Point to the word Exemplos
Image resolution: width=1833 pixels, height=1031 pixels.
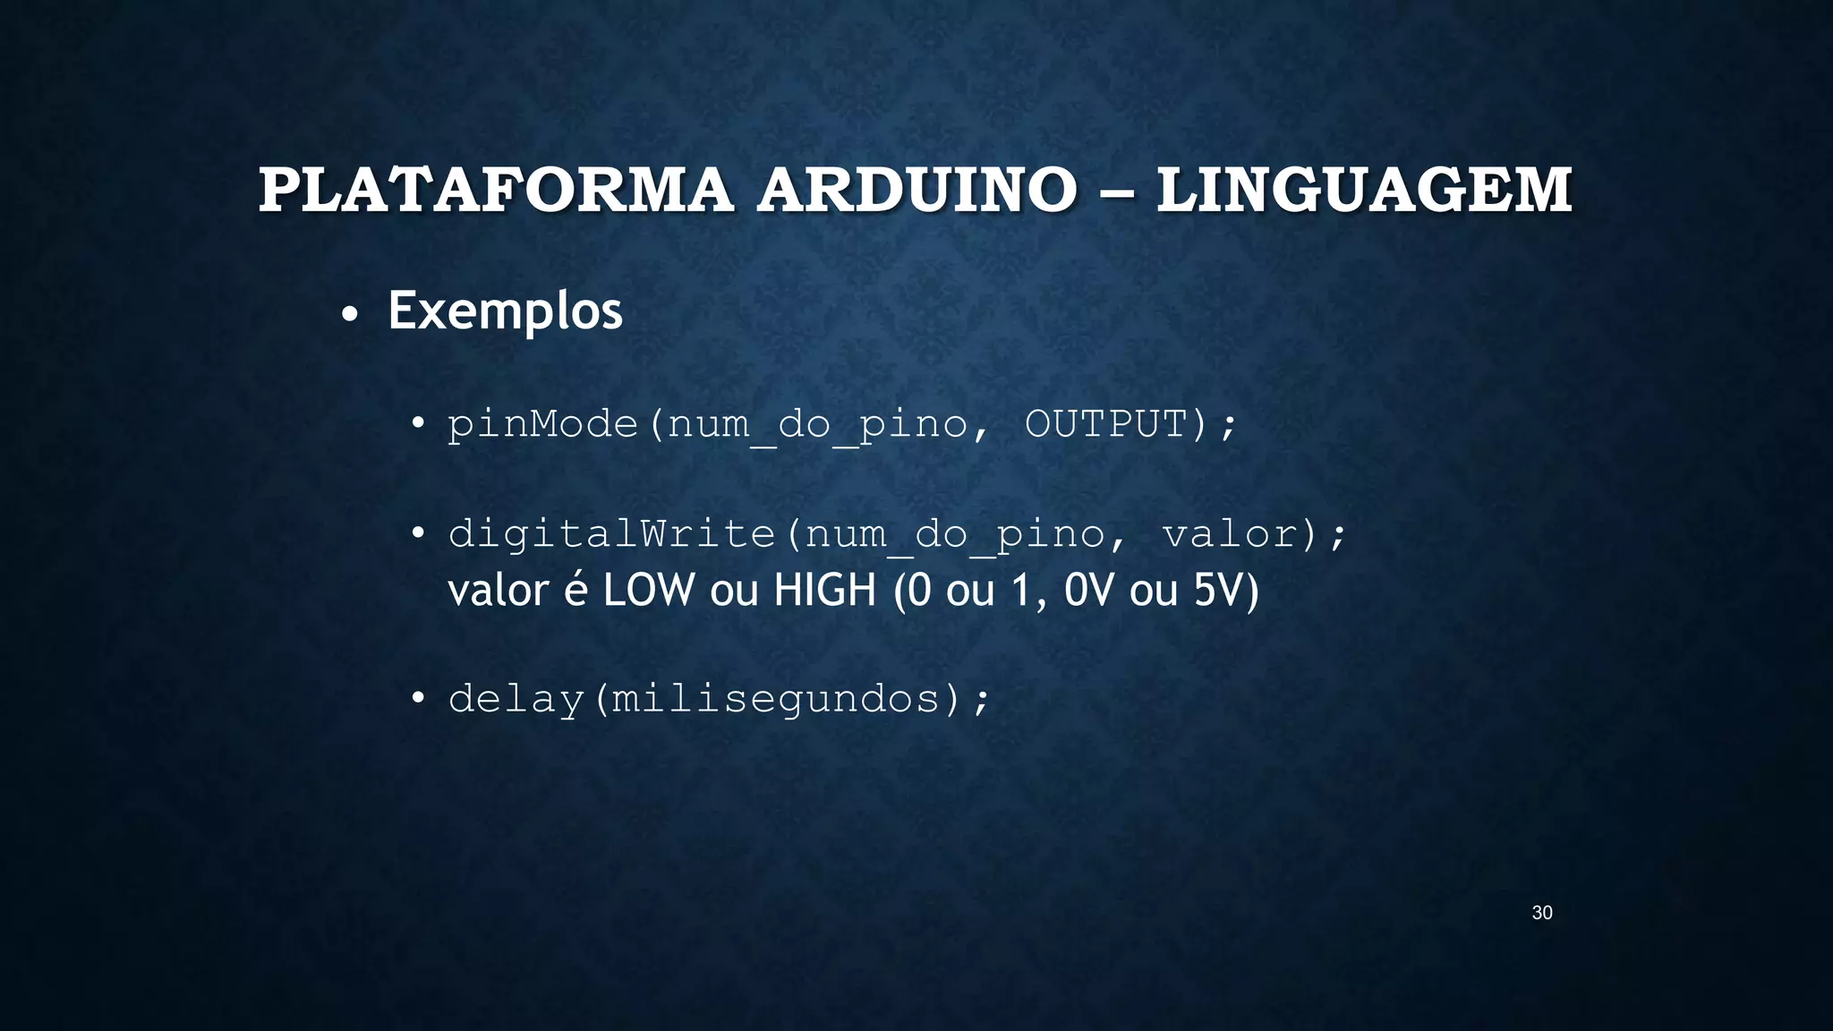pos(505,311)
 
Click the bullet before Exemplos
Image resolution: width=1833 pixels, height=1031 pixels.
pos(350,315)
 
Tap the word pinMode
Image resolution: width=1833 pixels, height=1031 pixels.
pos(543,424)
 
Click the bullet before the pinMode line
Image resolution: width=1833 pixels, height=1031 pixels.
pos(417,424)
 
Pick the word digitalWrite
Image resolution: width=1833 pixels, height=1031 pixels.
pos(612,534)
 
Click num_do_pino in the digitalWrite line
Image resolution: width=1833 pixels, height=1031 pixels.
pos(955,535)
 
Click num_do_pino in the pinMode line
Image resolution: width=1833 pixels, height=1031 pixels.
pos(818,425)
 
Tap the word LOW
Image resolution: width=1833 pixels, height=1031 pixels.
pos(649,591)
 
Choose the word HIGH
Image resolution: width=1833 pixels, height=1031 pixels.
pos(824,591)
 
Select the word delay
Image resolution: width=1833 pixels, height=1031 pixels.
pos(516,699)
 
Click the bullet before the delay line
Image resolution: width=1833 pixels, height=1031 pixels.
pos(417,698)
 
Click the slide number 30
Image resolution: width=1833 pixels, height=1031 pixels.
pos(1542,913)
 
